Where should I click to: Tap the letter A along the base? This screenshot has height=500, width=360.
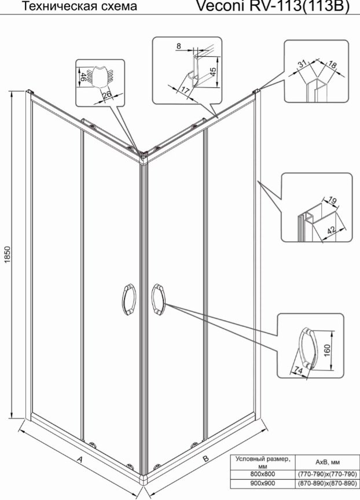(x=80, y=459)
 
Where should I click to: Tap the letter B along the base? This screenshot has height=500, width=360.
(x=205, y=459)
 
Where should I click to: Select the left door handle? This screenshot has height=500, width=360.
(x=129, y=300)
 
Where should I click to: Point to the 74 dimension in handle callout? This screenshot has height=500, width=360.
(x=298, y=370)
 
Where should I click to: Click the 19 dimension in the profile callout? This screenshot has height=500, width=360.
(x=332, y=201)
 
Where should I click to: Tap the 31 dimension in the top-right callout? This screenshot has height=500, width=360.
(x=302, y=64)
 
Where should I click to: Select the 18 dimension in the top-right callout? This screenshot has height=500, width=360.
(x=331, y=65)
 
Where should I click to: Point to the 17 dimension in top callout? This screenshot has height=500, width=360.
(x=186, y=90)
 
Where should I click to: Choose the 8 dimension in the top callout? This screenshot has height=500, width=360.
(x=179, y=46)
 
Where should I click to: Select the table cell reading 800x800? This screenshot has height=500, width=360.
(x=262, y=474)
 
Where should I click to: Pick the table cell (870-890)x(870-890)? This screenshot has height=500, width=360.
(x=327, y=483)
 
